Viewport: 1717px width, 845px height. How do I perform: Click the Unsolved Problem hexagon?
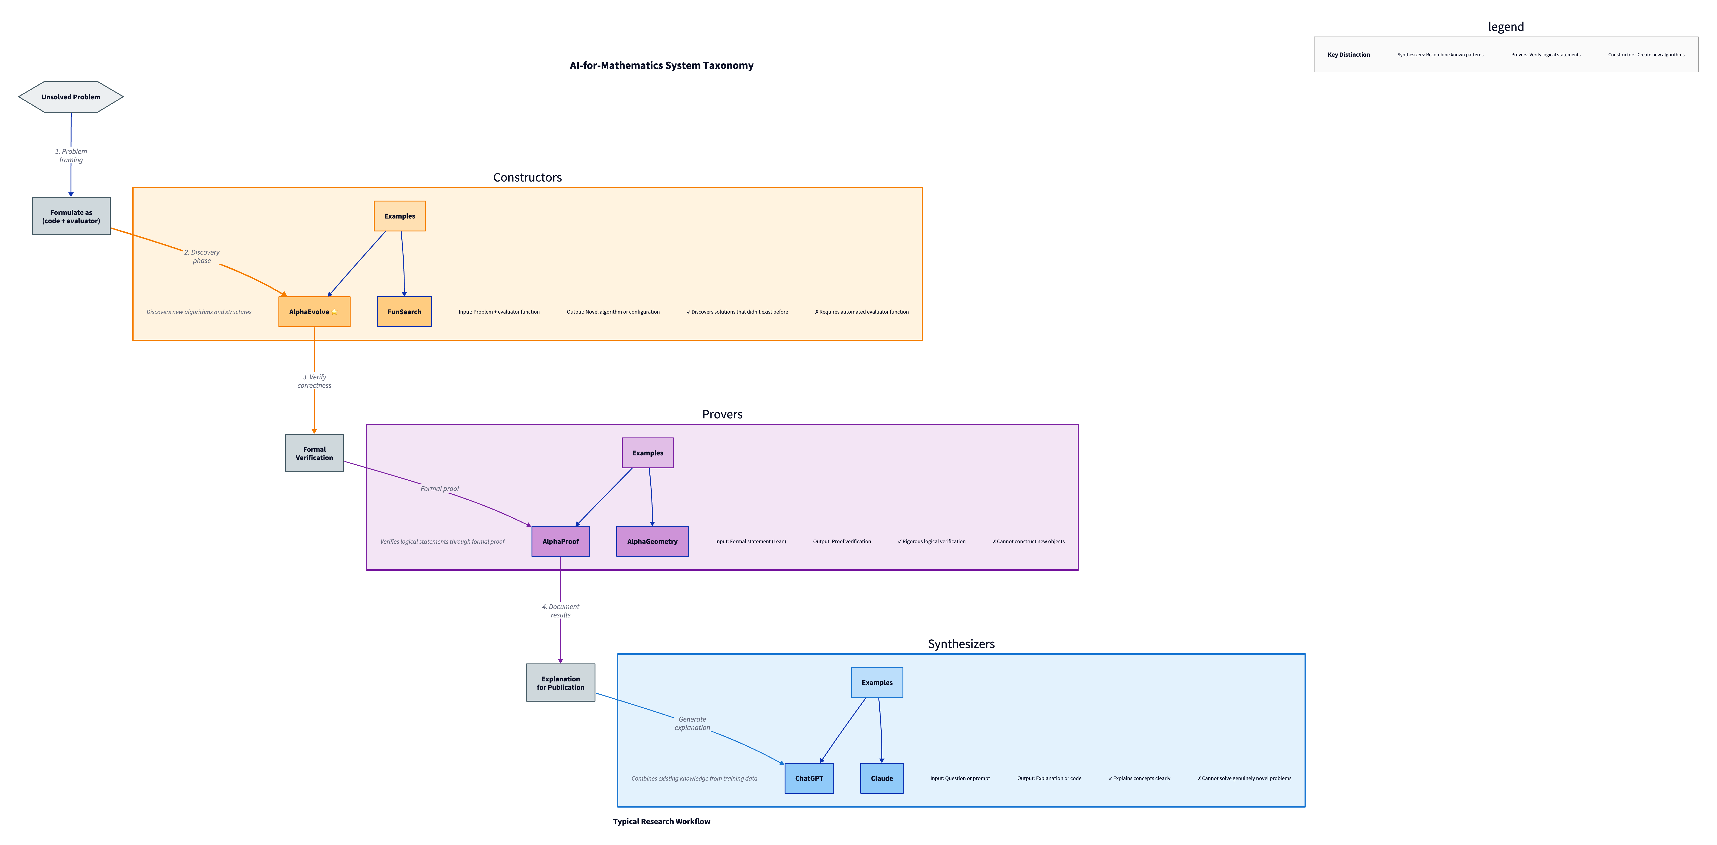[x=71, y=97]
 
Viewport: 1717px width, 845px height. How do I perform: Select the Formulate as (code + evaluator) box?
[x=71, y=216]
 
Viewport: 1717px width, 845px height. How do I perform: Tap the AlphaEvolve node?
[x=314, y=312]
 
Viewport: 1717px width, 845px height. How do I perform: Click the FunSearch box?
[x=404, y=312]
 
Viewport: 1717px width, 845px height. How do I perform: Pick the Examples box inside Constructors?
[x=399, y=216]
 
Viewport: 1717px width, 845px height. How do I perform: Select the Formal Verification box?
[x=314, y=453]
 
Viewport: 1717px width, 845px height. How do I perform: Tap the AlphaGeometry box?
[x=652, y=541]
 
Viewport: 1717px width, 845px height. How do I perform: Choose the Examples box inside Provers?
[x=647, y=453]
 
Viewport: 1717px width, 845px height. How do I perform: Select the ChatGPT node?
[x=809, y=778]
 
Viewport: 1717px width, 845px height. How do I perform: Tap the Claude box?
[x=881, y=778]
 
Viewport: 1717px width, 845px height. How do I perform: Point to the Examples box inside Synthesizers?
[x=876, y=682]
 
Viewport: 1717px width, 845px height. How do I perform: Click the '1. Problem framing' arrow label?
[x=71, y=155]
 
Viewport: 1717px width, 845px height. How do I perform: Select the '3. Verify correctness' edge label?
[x=314, y=381]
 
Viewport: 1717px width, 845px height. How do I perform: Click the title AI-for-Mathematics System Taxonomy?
[x=661, y=65]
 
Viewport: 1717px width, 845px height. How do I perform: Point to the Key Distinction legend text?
[x=1348, y=55]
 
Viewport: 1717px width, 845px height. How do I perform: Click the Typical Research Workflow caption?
[x=661, y=821]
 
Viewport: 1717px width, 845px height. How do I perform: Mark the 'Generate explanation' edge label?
[x=692, y=723]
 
